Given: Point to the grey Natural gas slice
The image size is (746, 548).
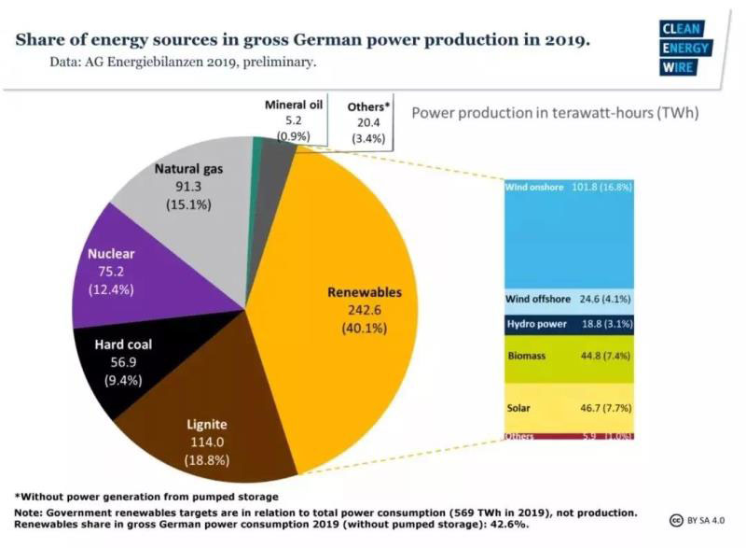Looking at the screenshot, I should click(186, 196).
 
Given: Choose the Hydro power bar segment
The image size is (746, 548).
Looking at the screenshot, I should click(569, 324).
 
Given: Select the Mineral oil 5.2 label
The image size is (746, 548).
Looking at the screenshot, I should click(293, 119).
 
